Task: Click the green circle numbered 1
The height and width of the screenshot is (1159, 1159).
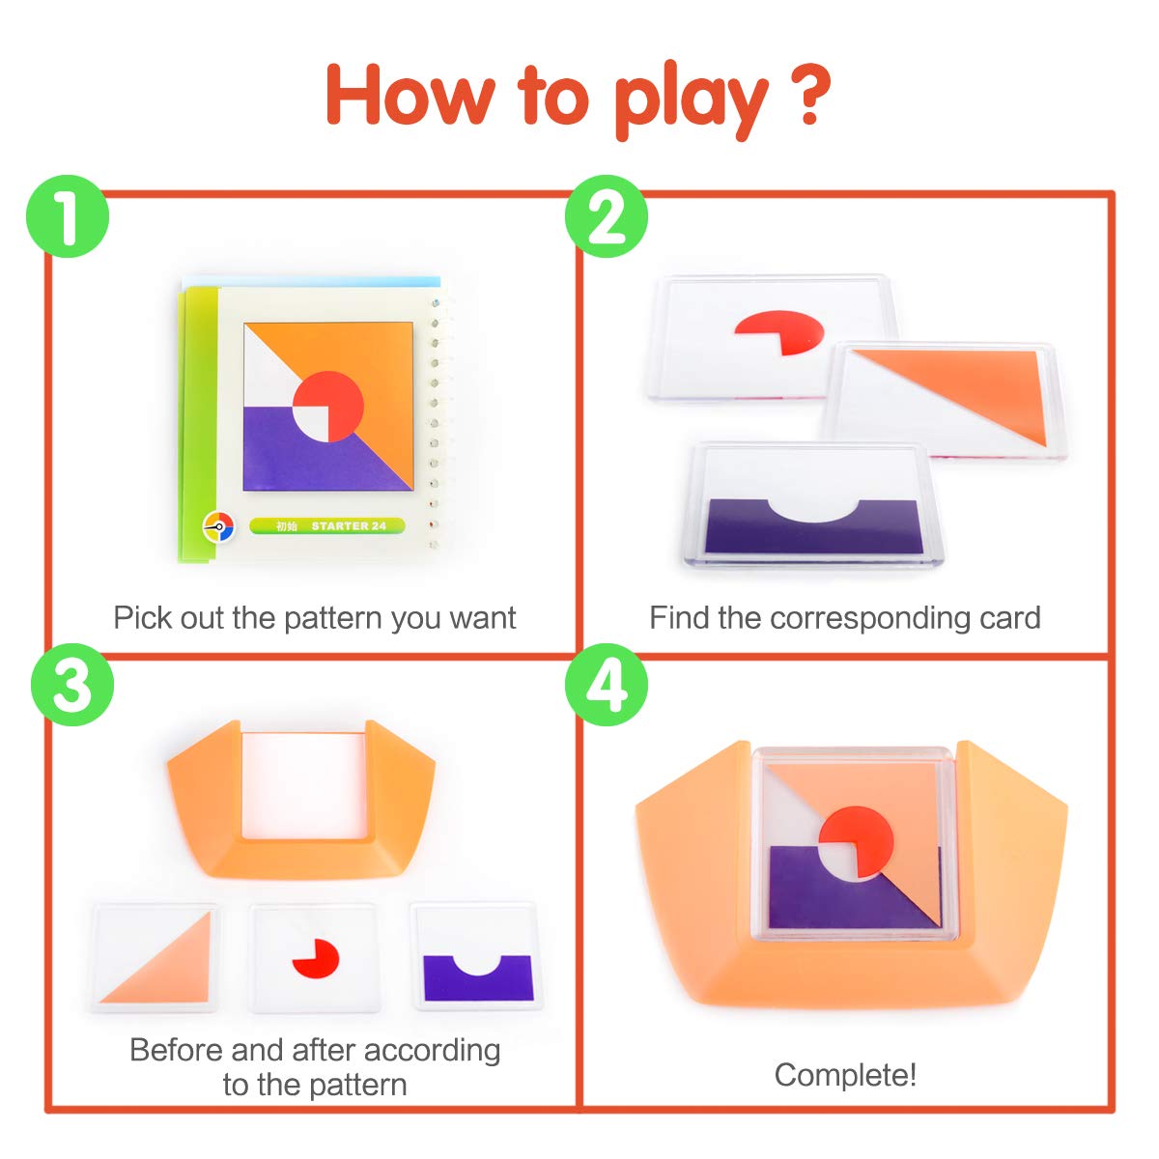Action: pos(68,216)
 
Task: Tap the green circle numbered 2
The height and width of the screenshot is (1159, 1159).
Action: pos(606,216)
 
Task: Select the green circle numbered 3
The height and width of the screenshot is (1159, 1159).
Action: pos(71,685)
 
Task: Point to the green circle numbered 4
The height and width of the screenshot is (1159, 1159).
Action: pos(606,685)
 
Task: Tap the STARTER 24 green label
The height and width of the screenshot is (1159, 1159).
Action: pos(327,526)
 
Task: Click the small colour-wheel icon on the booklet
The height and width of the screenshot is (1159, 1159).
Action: pos(218,527)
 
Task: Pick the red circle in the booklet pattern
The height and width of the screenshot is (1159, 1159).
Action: pos(328,406)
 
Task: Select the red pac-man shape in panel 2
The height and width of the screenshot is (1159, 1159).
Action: pos(779,332)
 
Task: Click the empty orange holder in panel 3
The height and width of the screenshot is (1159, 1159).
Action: pos(300,799)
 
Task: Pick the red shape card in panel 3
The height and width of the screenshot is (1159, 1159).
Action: pos(314,957)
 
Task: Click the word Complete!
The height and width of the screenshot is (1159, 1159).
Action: pos(845,1075)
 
